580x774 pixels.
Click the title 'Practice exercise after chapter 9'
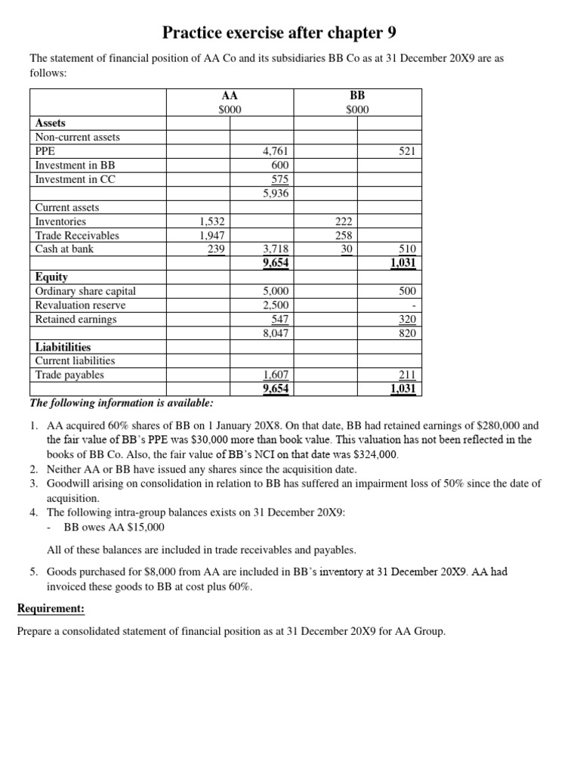click(x=279, y=33)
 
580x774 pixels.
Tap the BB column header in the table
click(x=357, y=96)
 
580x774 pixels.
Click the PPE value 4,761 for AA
click(x=276, y=151)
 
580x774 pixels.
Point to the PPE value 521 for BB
click(x=407, y=151)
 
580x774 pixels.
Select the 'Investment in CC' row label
click(x=75, y=179)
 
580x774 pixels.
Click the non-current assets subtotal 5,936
click(x=276, y=193)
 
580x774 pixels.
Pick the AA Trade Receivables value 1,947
click(x=211, y=235)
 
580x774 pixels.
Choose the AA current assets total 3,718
click(x=276, y=249)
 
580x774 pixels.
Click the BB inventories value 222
click(x=344, y=221)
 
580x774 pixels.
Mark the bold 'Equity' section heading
click(x=51, y=277)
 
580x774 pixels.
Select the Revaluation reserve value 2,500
click(x=276, y=305)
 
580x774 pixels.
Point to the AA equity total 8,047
click(x=276, y=333)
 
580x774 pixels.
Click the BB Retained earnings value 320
click(x=407, y=319)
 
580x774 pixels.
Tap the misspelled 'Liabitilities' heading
click(x=63, y=346)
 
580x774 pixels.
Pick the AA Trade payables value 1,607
click(x=276, y=375)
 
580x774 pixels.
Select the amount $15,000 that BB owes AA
click(x=140, y=527)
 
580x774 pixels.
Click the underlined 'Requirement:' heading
click(x=51, y=608)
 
